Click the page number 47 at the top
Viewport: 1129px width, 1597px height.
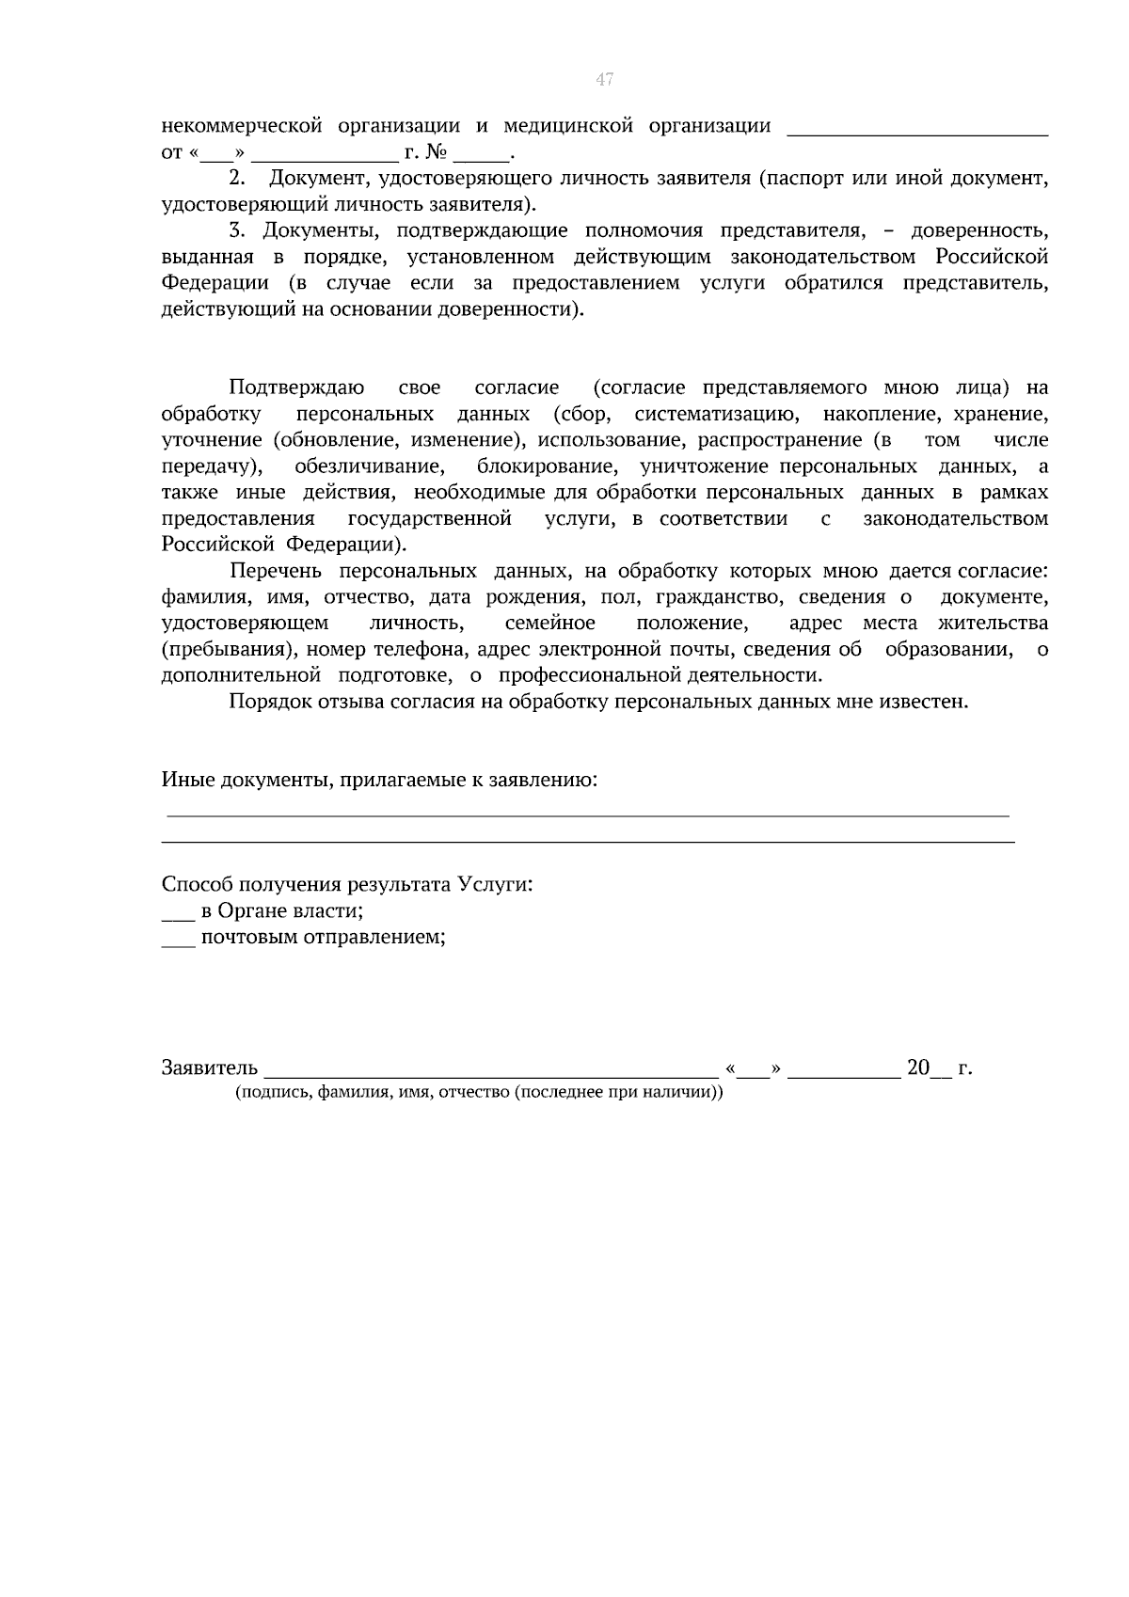click(x=604, y=80)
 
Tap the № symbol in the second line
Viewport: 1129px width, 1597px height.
click(x=436, y=152)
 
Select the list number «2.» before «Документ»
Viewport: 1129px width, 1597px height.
click(x=237, y=178)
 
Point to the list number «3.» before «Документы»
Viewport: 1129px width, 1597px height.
click(x=237, y=230)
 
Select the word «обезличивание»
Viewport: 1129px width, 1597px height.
click(x=369, y=466)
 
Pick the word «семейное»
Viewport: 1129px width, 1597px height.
click(x=549, y=624)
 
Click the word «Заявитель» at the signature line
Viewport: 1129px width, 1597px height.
click(x=209, y=1068)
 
